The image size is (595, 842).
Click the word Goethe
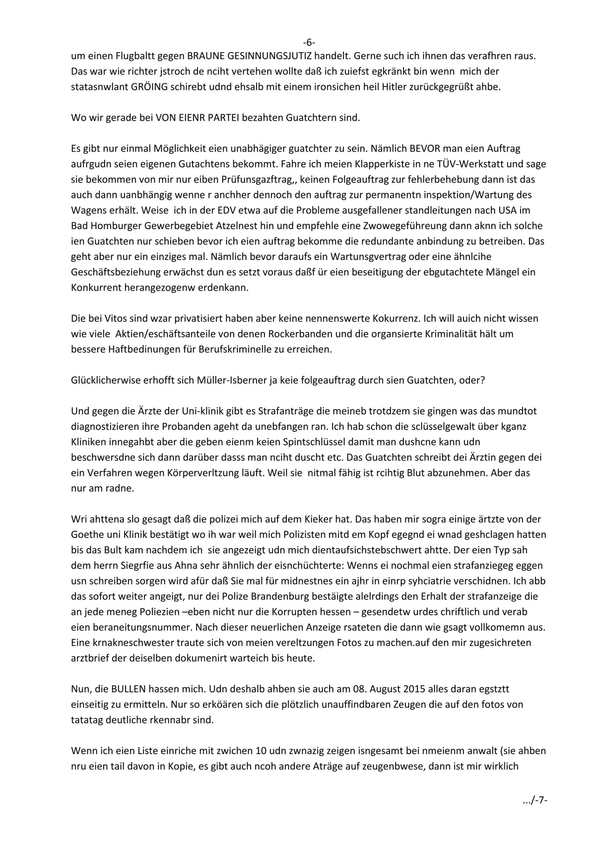tap(86, 534)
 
